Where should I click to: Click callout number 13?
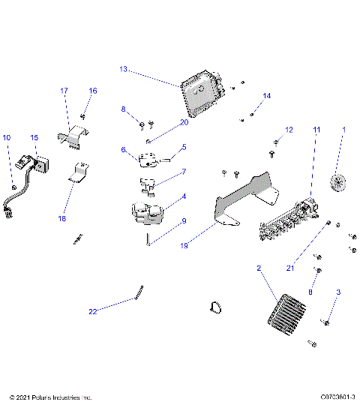[123, 69]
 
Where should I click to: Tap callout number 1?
[344, 130]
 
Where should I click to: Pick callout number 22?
[93, 311]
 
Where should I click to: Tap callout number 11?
[316, 130]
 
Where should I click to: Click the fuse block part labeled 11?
[289, 223]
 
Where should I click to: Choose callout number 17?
[64, 91]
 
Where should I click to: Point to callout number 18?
[62, 218]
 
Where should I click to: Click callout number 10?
[7, 137]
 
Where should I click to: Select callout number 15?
[34, 138]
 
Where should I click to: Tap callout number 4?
[184, 196]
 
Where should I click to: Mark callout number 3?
[338, 292]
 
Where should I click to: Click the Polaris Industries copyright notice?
[50, 397]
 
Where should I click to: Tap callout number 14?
[266, 96]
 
